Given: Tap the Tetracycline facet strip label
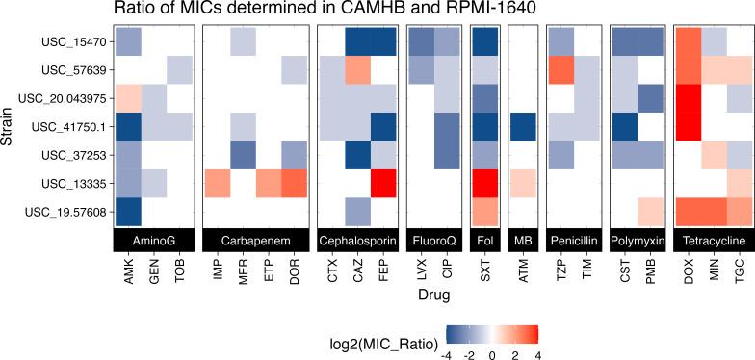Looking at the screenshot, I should [x=711, y=239].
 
